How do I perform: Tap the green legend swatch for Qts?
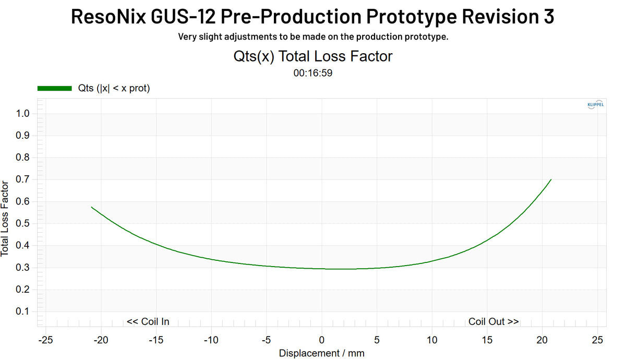[54, 89]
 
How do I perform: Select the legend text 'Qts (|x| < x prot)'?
[114, 89]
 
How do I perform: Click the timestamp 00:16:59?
[313, 73]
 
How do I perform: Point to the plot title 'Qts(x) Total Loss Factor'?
[313, 56]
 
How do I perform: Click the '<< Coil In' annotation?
[148, 321]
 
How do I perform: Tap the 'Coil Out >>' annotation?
[493, 321]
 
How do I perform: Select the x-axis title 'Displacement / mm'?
[322, 353]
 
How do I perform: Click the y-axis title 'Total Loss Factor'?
[5, 218]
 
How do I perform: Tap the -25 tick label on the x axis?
[45, 340]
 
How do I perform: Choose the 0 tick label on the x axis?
[322, 340]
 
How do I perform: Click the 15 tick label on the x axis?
[487, 340]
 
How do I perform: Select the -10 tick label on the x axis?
[211, 340]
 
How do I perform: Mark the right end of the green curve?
[551, 179]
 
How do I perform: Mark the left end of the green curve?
[92, 207]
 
